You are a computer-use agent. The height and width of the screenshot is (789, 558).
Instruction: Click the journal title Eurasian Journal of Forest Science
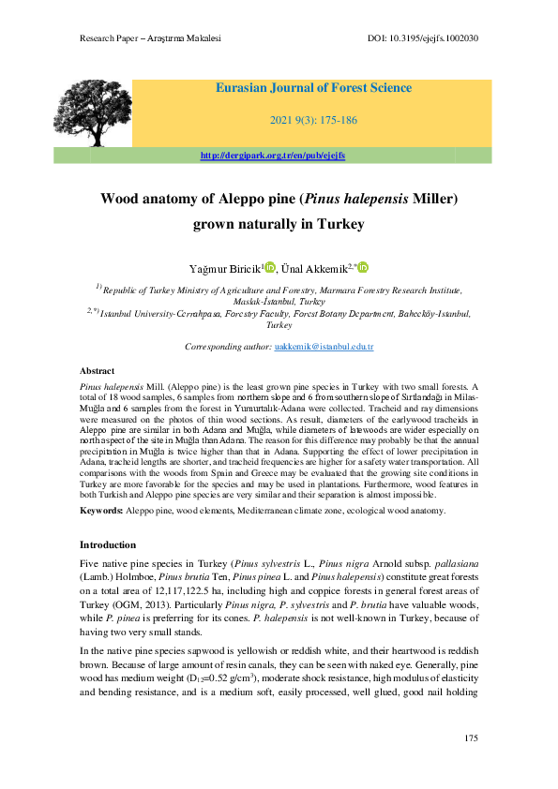(313, 88)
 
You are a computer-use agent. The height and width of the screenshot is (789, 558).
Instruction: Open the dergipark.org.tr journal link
(273, 155)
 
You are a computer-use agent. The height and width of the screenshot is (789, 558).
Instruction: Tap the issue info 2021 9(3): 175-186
(312, 121)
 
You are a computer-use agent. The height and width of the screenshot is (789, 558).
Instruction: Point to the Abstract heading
(98, 372)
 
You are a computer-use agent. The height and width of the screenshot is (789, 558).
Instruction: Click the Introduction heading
(108, 544)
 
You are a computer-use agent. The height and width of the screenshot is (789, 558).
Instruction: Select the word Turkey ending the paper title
(340, 225)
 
